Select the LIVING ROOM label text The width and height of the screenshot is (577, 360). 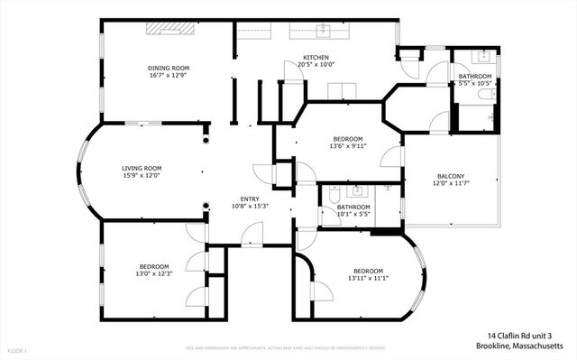(142, 168)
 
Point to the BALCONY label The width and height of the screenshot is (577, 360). (450, 176)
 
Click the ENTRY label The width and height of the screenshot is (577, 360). (250, 198)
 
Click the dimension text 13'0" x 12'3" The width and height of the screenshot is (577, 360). (153, 274)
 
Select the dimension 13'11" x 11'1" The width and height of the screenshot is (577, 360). (368, 279)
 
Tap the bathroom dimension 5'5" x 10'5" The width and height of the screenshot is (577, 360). (474, 84)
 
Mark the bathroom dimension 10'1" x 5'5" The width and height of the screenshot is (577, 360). (353, 215)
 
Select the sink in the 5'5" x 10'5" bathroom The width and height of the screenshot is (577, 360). (471, 58)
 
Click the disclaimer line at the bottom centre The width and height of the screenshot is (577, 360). (285, 346)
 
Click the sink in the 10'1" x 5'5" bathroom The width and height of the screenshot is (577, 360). (358, 190)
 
